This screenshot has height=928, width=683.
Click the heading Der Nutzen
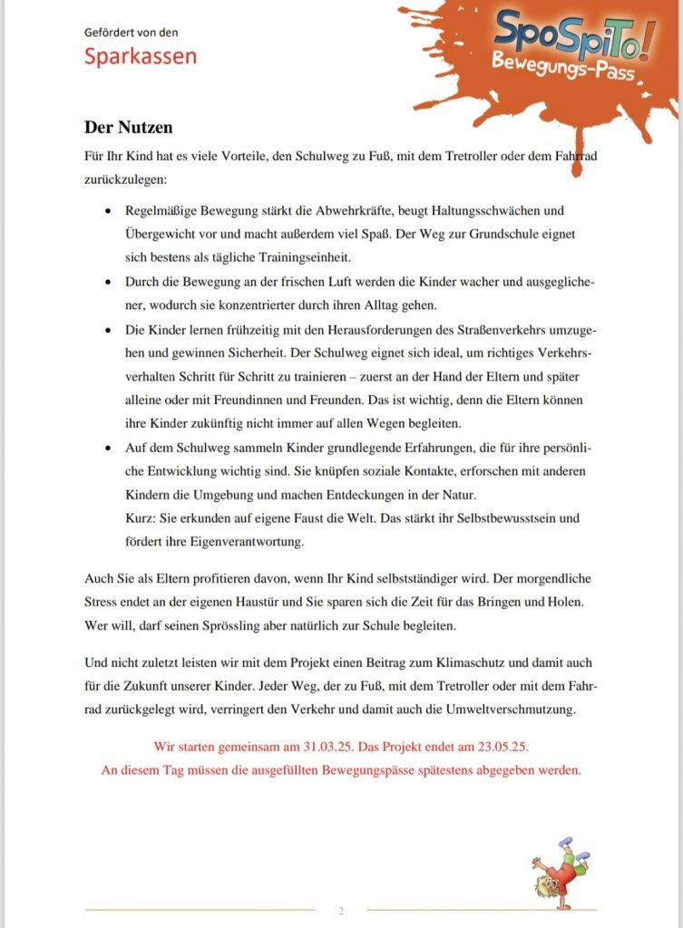pos(128,127)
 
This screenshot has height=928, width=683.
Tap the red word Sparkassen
pos(141,56)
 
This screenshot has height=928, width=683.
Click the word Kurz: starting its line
pos(141,518)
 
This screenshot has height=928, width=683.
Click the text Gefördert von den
pos(132,33)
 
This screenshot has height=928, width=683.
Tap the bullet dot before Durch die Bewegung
pos(108,282)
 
